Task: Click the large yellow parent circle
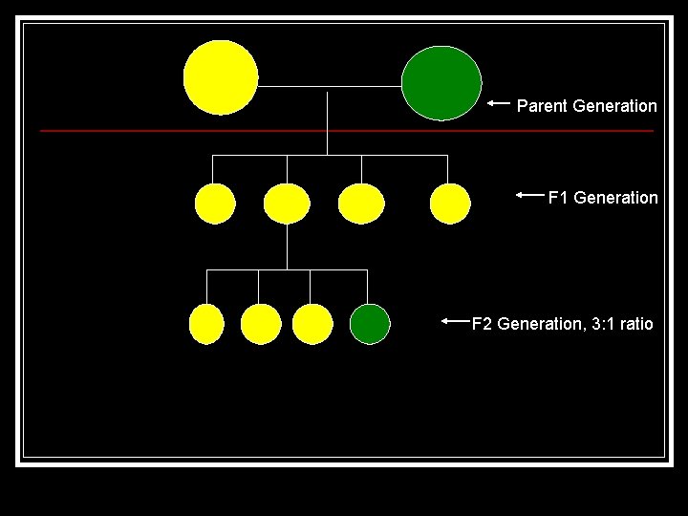[x=221, y=77]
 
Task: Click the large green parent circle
[x=441, y=84]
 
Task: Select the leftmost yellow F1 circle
[x=214, y=204]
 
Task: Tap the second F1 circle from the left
[x=286, y=204]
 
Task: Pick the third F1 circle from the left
[x=361, y=204]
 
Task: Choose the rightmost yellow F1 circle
[x=450, y=204]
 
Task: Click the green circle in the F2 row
[x=370, y=324]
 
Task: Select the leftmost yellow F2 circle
[x=207, y=324]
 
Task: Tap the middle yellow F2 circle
[x=261, y=324]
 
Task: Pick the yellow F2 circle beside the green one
[x=312, y=324]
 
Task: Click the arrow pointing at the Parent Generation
[x=498, y=103]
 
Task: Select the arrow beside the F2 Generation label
[x=457, y=322]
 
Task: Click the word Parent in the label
[x=542, y=106]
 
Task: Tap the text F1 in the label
[x=557, y=198]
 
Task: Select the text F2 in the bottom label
[x=483, y=324]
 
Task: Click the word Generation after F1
[x=615, y=198]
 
